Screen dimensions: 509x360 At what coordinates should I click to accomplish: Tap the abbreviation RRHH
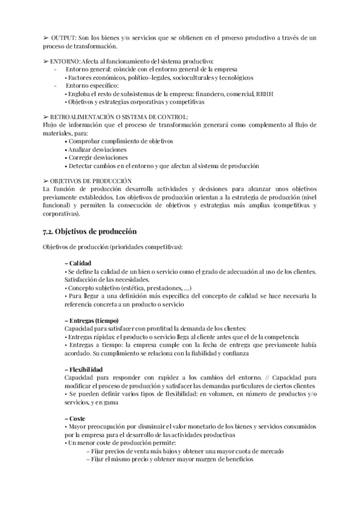[x=266, y=94]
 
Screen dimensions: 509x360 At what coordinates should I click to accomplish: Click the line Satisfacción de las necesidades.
[x=107, y=280]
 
